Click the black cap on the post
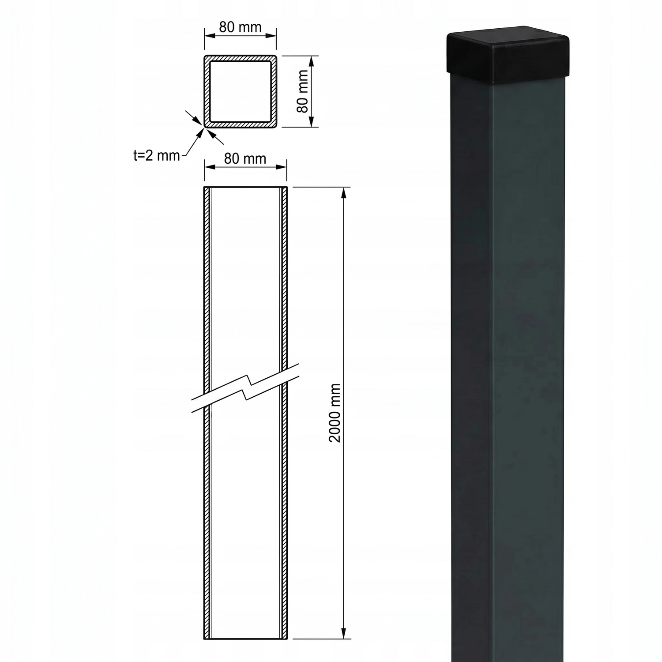(x=509, y=55)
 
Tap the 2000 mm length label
(x=335, y=413)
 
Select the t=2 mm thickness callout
(x=157, y=155)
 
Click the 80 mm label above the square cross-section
(x=240, y=27)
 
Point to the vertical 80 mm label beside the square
(x=302, y=91)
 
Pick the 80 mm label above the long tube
(x=245, y=158)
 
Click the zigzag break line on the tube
(x=246, y=388)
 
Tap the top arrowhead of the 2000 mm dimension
(x=344, y=193)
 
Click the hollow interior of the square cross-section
(x=240, y=91)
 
